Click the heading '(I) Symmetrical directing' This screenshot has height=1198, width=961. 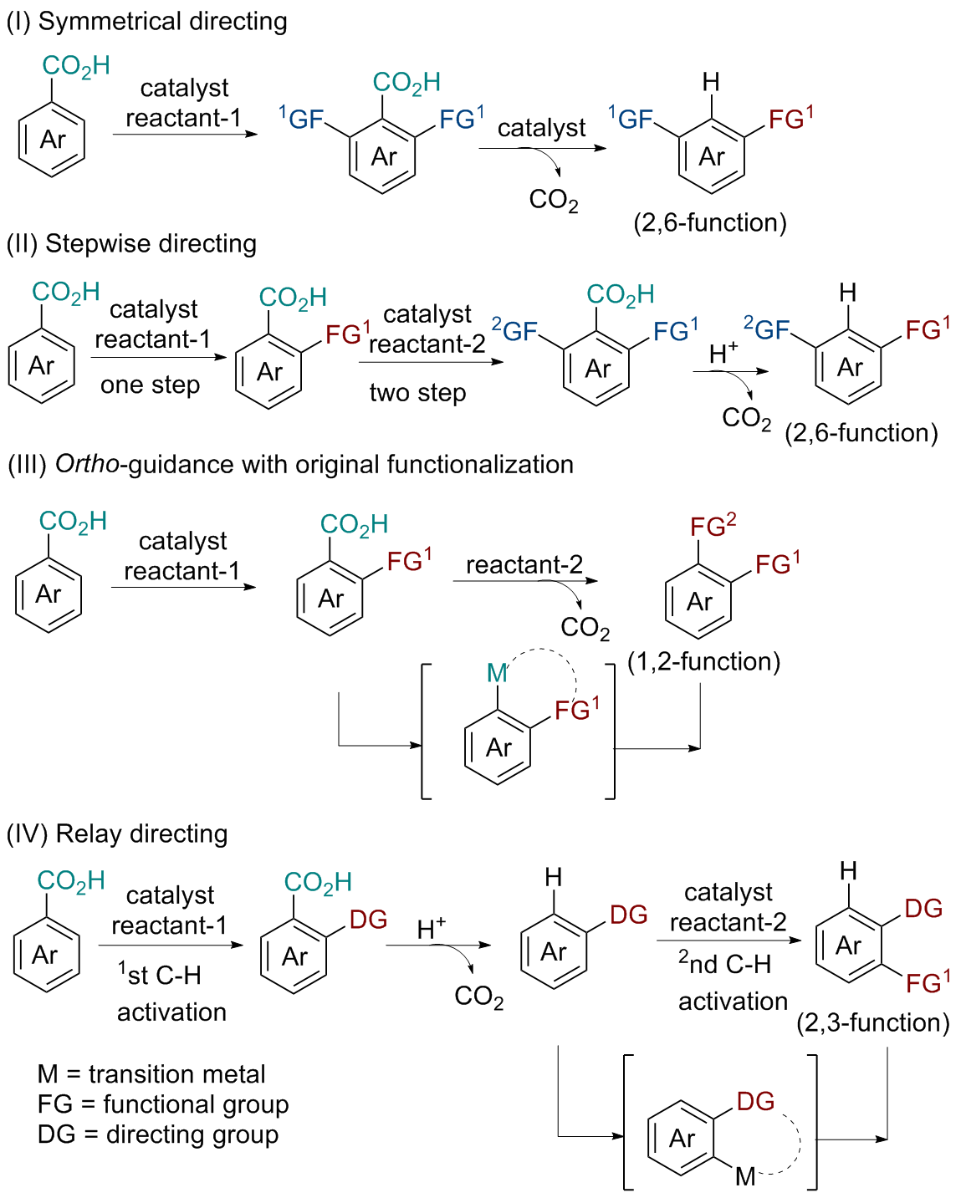(146, 21)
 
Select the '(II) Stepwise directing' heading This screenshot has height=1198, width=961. (131, 243)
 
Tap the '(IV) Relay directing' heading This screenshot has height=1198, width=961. (117, 834)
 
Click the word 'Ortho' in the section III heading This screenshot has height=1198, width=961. (87, 464)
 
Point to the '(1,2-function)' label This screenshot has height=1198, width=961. (703, 661)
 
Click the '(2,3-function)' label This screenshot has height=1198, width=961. (872, 1022)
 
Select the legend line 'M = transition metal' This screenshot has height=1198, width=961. (151, 1073)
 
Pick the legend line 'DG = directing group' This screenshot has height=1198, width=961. (158, 1134)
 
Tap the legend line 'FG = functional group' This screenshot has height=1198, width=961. (163, 1104)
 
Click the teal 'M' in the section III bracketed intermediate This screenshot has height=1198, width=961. (497, 672)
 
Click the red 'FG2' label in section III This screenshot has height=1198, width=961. (713, 527)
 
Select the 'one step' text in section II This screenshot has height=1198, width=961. (151, 385)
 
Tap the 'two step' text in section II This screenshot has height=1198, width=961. (417, 392)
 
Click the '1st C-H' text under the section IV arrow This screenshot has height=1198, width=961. (160, 975)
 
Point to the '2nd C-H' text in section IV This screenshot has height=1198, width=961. (724, 963)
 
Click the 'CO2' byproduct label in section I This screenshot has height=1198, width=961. (554, 200)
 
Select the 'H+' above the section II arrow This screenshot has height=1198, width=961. (723, 353)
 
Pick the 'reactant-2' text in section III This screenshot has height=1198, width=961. (524, 564)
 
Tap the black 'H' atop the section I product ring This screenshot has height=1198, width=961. (711, 81)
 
